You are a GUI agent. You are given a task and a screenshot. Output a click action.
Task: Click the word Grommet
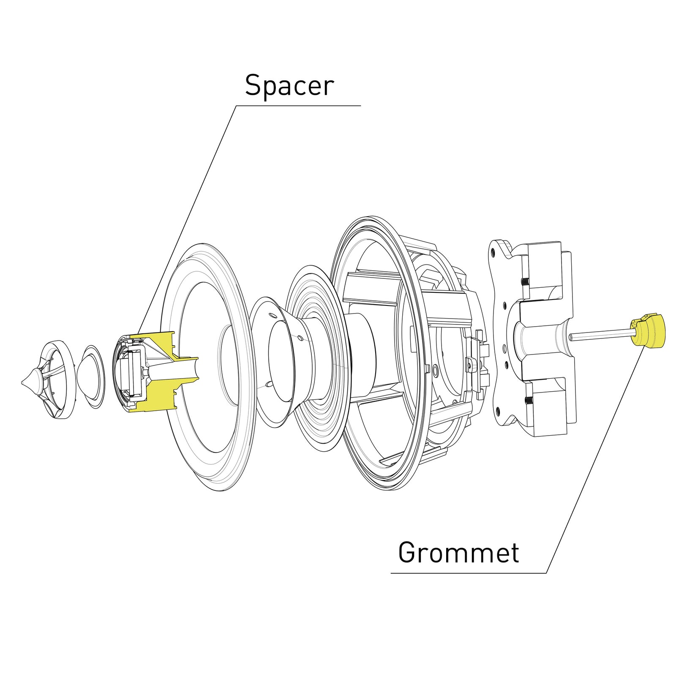[458, 552]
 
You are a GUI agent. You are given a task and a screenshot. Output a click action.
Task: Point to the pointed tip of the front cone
[22, 383]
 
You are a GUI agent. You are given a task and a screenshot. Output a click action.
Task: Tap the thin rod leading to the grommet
[600, 335]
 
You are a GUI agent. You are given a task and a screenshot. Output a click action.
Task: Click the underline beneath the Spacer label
[298, 106]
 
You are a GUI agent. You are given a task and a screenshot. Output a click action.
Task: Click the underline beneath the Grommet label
[469, 573]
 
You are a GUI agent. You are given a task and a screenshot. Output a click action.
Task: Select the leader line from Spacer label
[187, 218]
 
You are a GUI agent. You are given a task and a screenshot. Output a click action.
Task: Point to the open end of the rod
[571, 337]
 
